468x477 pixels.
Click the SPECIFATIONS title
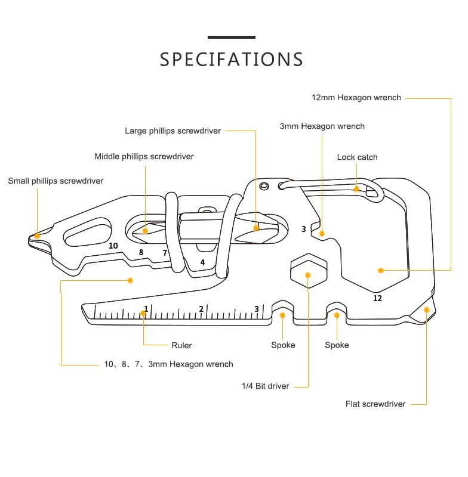[232, 60]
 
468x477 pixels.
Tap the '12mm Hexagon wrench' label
[356, 98]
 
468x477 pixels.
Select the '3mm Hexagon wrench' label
[322, 126]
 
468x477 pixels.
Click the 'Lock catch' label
[357, 157]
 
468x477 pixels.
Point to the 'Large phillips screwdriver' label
[173, 131]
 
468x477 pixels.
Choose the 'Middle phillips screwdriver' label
[144, 157]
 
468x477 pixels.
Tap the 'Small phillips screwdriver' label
[56, 181]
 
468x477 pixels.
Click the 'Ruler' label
[181, 345]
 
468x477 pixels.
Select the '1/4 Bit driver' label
[265, 386]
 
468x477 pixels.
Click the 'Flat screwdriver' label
[375, 404]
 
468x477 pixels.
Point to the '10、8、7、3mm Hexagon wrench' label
[168, 364]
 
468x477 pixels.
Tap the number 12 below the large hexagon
[377, 298]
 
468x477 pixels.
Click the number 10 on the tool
[113, 246]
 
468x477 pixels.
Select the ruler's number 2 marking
[201, 309]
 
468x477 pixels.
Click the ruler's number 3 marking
[257, 309]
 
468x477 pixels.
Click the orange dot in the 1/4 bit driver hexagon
[308, 275]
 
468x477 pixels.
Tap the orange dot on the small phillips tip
[37, 236]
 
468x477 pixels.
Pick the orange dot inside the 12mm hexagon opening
[380, 271]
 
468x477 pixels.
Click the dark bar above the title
[232, 38]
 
